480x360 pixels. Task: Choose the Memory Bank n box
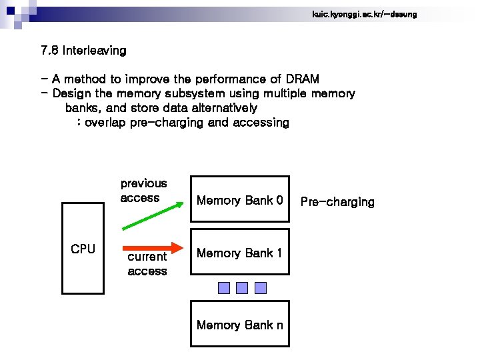pos(240,324)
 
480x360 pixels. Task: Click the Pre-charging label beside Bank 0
pos(337,202)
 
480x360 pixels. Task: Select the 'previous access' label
pos(143,191)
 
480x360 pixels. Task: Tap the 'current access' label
pos(147,264)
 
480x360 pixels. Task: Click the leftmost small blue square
pos(224,287)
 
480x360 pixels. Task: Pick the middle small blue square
pos(242,287)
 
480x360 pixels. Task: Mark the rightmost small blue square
pos(261,287)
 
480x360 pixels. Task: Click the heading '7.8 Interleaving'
pos(83,51)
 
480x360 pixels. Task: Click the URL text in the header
pos(364,14)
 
